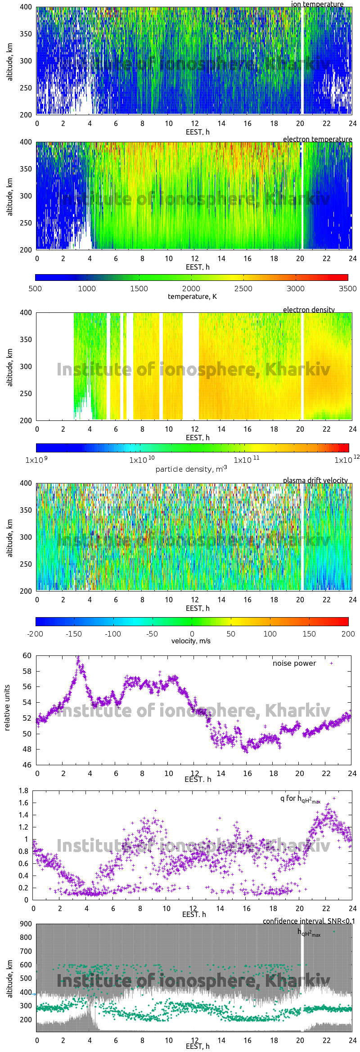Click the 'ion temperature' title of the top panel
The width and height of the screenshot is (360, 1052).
tap(317, 4)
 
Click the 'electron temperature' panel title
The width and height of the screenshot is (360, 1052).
tap(317, 139)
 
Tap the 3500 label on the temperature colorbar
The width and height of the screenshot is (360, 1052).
tap(347, 289)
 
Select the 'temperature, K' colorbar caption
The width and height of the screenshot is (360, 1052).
tap(192, 297)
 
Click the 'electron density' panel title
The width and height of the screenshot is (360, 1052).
tap(309, 310)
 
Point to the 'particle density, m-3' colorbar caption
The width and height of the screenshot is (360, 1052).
tap(191, 469)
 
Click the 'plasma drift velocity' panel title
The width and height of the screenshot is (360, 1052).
tap(315, 480)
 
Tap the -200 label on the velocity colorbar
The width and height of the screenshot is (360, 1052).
tap(35, 634)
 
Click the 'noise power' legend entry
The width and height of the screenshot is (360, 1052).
tap(294, 664)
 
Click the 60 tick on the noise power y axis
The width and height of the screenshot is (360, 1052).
tap(27, 656)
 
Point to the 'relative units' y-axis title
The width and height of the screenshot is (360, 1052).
tap(7, 708)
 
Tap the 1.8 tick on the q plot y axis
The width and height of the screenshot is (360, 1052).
tap(23, 791)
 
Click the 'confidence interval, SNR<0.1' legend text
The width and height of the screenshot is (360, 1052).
tap(309, 921)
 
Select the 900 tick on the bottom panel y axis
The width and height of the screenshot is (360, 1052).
tap(26, 924)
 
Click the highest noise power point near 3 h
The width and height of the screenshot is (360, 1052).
tap(78, 657)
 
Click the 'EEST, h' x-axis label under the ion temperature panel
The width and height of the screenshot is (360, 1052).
tap(198, 132)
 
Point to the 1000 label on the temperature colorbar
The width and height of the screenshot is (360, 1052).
tap(87, 289)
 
